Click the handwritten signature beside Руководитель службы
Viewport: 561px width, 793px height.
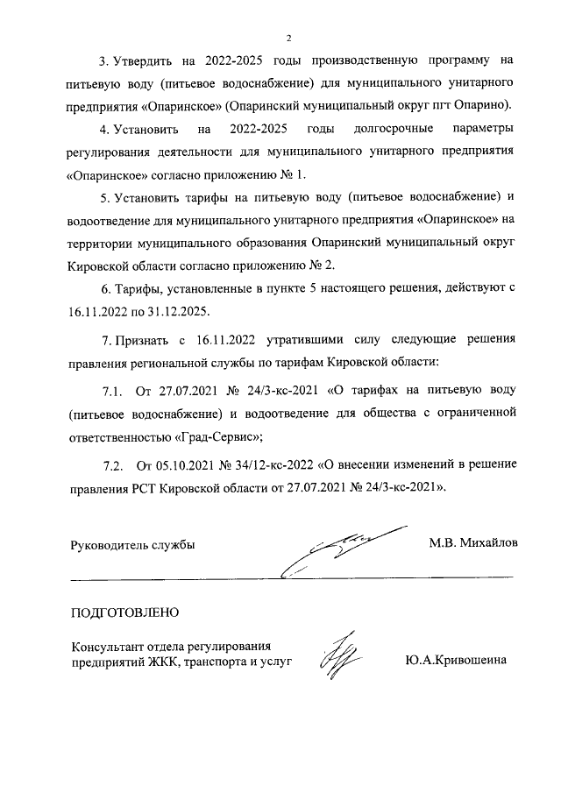pos(346,547)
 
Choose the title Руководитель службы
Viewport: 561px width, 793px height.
pos(132,544)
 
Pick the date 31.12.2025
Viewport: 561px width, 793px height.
pos(170,310)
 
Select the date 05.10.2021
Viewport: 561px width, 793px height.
pos(183,464)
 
